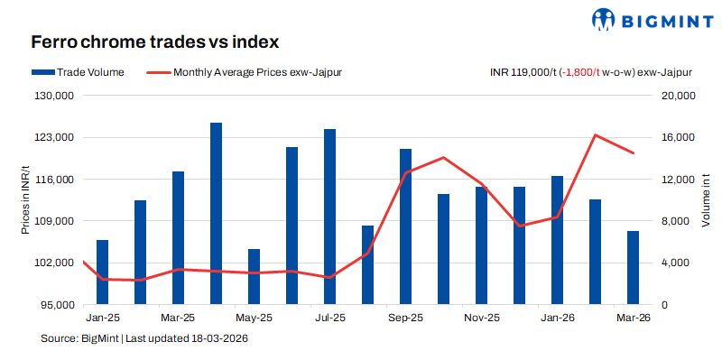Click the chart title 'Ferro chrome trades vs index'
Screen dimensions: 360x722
tap(154, 42)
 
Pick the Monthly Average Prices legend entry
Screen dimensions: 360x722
tap(244, 71)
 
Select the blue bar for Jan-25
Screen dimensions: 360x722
tap(102, 272)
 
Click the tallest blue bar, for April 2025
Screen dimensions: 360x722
tap(216, 214)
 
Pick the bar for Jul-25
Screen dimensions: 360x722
tap(329, 217)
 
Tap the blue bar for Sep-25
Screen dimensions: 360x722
tap(405, 226)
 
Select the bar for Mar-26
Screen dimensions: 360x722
tap(633, 268)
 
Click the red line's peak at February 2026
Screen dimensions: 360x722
tap(596, 135)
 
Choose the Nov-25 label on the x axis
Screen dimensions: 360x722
tap(481, 318)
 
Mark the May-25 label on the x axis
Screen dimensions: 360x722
tap(254, 318)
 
